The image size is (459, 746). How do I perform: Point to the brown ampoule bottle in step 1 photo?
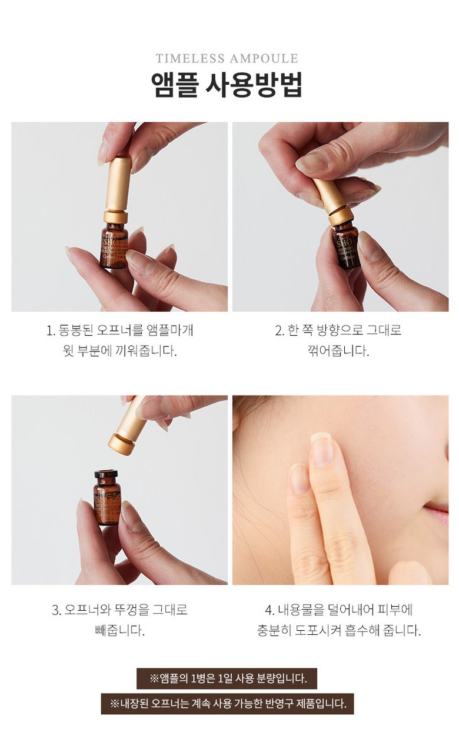114,246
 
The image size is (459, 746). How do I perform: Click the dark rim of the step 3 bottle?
107,474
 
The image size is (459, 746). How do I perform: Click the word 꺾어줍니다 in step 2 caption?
334,352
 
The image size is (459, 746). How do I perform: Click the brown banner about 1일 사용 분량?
227,678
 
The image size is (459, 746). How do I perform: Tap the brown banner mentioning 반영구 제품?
227,703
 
